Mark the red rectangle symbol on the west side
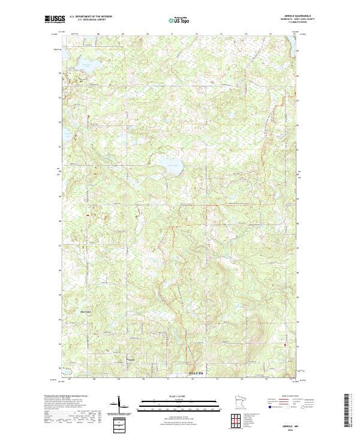(x=88, y=214)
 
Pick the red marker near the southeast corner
(x=285, y=344)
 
